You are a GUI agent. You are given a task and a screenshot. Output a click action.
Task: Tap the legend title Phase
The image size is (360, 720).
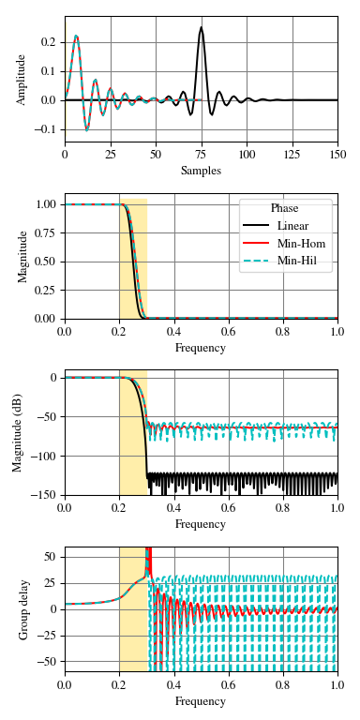coord(285,208)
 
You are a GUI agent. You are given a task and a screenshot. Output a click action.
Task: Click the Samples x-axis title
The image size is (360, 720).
coord(201,171)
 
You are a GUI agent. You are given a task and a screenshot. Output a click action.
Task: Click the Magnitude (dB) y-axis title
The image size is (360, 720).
coord(18,432)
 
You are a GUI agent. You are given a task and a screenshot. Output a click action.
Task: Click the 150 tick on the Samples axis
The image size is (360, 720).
coord(337,154)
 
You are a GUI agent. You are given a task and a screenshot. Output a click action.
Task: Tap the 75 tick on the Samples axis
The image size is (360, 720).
coord(201,154)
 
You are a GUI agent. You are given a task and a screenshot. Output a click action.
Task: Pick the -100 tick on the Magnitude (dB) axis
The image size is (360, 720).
coord(43,456)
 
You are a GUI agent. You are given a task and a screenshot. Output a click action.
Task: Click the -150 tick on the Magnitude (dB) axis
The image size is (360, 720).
coord(43,495)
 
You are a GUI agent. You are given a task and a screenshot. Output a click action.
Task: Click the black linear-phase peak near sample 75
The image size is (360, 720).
coord(201,28)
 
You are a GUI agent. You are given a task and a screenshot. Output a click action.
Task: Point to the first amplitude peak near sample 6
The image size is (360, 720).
coord(76,37)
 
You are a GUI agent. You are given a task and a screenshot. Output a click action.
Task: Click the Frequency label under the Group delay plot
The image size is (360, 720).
coord(201,701)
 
